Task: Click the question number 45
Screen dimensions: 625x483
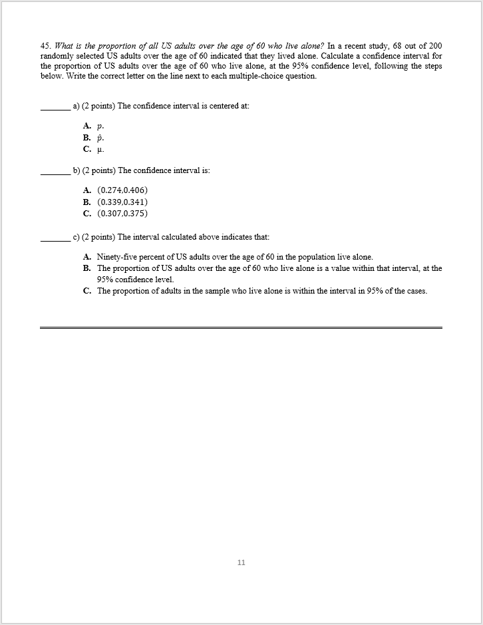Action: pyautogui.click(x=45, y=46)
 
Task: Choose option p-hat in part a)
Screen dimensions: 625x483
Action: pyautogui.click(x=100, y=137)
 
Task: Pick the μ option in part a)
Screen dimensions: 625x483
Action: pyautogui.click(x=100, y=149)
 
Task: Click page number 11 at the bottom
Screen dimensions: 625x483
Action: pyautogui.click(x=241, y=562)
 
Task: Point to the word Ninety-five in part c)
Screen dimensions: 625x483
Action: pyautogui.click(x=117, y=257)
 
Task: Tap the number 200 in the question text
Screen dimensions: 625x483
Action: pyautogui.click(x=435, y=46)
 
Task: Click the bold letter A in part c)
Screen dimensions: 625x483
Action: pyautogui.click(x=86, y=257)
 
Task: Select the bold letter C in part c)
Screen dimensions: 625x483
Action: pyautogui.click(x=86, y=291)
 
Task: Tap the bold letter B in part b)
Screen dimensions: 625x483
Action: pyautogui.click(x=86, y=202)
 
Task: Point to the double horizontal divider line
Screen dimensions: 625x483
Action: pyautogui.click(x=241, y=327)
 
